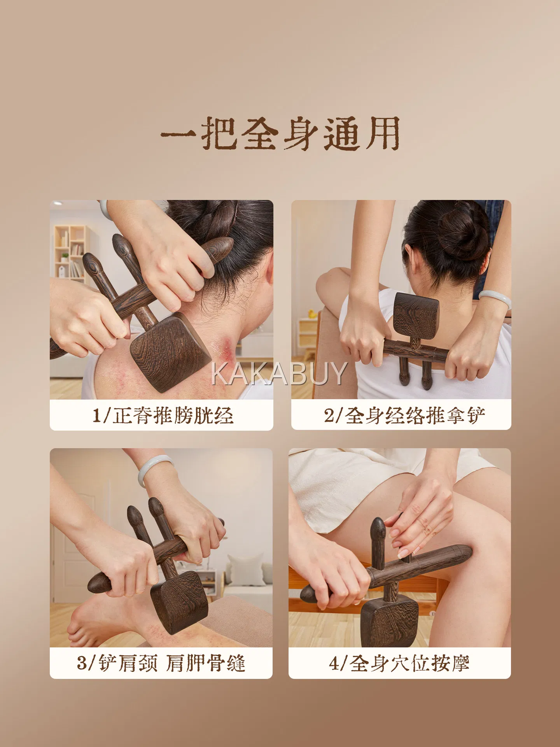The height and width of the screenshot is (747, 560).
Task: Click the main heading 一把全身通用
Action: [x=280, y=133]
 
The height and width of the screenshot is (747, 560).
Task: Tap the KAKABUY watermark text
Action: [x=279, y=373]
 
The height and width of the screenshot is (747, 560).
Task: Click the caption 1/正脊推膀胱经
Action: [x=163, y=416]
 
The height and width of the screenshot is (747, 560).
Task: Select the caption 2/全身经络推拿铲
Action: [x=404, y=416]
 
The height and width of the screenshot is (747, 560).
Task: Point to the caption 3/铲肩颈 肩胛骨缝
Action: [x=161, y=663]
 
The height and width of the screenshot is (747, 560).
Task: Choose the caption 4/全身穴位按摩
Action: [x=399, y=663]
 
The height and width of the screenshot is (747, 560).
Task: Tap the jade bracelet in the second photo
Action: [x=495, y=299]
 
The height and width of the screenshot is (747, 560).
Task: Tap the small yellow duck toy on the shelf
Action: [x=312, y=314]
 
